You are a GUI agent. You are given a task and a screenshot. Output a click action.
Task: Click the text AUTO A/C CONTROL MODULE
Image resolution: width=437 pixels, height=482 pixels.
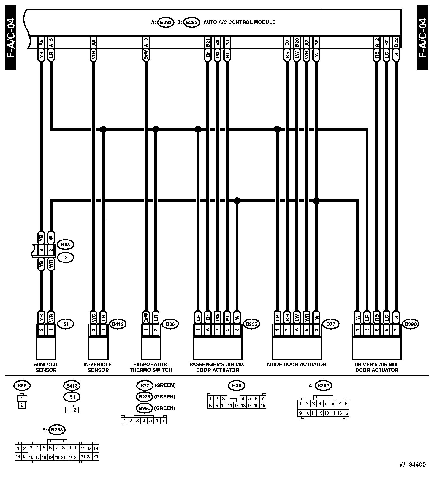(x=239, y=22)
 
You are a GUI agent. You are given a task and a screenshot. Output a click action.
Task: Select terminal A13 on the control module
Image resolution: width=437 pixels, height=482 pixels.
(x=146, y=43)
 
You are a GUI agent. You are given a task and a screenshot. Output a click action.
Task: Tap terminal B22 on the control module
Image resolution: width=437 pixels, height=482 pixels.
(x=396, y=43)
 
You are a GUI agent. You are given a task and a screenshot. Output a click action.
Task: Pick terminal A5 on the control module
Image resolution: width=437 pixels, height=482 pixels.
(x=94, y=43)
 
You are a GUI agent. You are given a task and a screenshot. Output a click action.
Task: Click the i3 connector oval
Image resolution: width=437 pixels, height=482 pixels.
(x=65, y=257)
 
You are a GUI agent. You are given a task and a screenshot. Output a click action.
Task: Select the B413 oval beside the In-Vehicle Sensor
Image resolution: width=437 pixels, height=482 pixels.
(x=118, y=324)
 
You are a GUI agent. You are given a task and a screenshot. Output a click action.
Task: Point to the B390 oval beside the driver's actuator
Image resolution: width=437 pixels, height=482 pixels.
(x=411, y=324)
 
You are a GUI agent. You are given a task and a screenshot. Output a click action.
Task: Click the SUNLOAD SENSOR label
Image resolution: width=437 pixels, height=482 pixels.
(x=46, y=367)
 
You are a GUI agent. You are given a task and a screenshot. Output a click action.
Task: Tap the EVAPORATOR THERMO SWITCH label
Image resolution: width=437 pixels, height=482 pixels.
(x=151, y=367)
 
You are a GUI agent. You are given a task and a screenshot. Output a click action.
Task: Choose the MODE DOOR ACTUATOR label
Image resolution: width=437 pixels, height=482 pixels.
(x=297, y=364)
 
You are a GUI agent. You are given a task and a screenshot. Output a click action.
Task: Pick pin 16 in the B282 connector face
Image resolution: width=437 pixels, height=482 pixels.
(x=346, y=413)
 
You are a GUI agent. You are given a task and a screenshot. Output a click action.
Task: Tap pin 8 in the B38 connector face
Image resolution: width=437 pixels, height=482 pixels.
(x=210, y=405)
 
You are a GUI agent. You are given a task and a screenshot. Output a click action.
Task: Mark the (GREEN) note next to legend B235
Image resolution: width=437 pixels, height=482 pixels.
(x=165, y=397)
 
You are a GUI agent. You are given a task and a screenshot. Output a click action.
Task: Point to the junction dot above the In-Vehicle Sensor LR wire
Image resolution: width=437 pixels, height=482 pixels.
(x=103, y=129)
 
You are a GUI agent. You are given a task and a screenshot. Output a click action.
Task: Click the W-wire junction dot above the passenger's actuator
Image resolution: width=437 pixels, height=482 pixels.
(x=237, y=201)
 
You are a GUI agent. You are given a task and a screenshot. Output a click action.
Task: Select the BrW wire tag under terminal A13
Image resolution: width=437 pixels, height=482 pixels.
(x=146, y=55)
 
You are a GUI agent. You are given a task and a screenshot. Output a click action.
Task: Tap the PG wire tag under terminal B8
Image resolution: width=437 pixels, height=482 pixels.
(x=218, y=55)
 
